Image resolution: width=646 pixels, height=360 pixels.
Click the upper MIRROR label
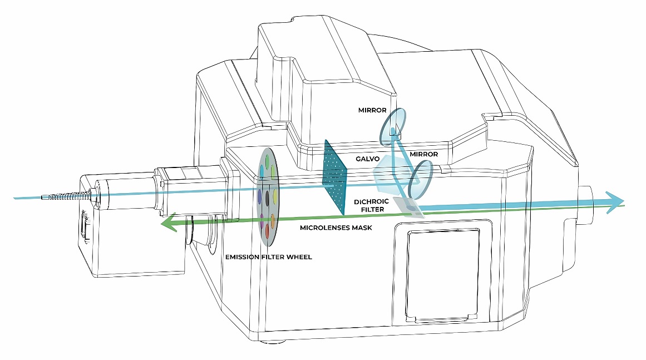tap(372, 110)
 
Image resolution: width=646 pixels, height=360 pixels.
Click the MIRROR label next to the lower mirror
tap(423, 154)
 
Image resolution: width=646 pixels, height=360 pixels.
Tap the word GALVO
tap(367, 159)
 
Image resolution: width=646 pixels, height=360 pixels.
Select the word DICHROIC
tap(371, 202)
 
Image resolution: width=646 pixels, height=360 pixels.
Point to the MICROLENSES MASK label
tap(336, 228)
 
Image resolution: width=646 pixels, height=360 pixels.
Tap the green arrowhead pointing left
tap(167, 223)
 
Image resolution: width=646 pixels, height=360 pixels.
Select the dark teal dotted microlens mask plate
tap(336, 177)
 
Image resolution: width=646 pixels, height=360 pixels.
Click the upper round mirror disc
tap(393, 126)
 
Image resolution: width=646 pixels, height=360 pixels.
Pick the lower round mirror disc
tap(421, 180)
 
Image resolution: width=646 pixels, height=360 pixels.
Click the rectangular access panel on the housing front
tap(443, 273)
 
